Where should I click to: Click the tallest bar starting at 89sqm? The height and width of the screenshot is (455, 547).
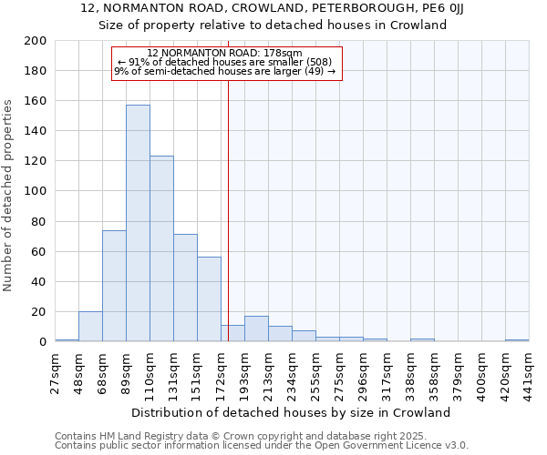coord(138,224)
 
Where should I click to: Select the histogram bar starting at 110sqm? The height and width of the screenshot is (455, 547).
coord(161,249)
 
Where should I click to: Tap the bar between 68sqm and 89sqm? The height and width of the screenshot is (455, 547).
coord(114,286)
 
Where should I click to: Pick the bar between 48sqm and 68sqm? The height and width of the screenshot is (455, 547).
coord(90,327)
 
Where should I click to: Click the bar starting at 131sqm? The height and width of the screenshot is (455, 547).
coord(185,288)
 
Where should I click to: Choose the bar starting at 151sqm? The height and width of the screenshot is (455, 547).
coord(209,299)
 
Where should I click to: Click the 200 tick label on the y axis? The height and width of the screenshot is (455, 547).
coord(36,41)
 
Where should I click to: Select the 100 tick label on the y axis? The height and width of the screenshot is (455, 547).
coord(36,191)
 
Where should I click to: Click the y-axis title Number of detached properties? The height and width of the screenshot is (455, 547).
coord(8,191)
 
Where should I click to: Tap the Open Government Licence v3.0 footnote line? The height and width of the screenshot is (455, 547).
coord(262,445)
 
